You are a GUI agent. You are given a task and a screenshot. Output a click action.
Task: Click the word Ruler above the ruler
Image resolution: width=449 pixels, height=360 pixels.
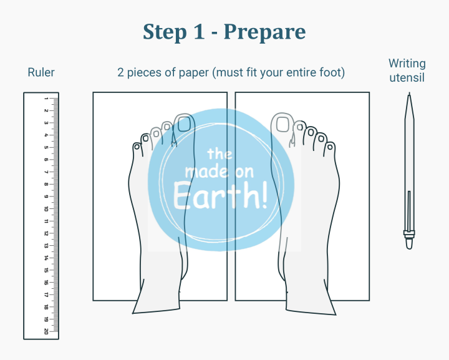click(41, 72)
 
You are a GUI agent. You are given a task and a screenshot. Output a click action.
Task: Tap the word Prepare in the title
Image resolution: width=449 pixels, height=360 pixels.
click(264, 32)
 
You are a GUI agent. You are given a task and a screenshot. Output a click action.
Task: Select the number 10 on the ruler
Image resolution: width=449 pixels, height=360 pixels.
click(46, 209)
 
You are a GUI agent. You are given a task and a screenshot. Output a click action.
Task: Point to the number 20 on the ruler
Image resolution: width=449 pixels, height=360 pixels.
click(46, 331)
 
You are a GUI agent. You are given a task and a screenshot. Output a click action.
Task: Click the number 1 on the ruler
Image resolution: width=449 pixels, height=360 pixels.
click(46, 99)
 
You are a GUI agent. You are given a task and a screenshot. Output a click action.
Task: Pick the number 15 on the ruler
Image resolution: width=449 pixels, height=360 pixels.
click(46, 270)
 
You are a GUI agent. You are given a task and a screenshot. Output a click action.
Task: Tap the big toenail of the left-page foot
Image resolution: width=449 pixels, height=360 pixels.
click(184, 124)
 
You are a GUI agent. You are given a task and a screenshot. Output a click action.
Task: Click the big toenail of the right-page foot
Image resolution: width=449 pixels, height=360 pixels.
click(282, 124)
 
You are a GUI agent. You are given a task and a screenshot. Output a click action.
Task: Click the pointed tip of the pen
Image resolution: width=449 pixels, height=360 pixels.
click(410, 94)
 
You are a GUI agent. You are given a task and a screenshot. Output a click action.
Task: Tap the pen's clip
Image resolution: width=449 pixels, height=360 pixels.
click(409, 211)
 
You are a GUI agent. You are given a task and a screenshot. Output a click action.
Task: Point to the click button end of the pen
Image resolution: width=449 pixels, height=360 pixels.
click(409, 243)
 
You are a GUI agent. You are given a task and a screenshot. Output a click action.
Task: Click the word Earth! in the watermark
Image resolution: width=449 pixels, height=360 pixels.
click(221, 196)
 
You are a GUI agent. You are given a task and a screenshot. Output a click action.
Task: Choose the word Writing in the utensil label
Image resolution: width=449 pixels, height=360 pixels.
click(407, 64)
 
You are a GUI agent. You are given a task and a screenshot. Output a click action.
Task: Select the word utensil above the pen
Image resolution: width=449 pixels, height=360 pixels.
click(407, 78)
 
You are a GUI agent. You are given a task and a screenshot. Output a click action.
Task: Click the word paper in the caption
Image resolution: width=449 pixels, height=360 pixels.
click(194, 73)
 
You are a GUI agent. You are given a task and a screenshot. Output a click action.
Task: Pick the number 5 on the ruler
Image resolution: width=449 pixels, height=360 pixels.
click(46, 147)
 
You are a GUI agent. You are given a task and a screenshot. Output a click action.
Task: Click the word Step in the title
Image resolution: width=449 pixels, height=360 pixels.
click(165, 32)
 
